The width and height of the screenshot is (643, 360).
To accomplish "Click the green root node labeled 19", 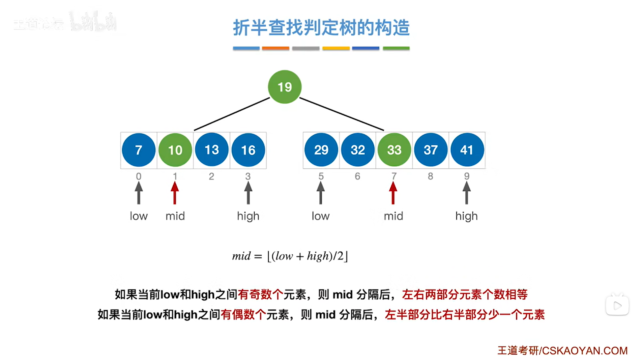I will click(x=285, y=87).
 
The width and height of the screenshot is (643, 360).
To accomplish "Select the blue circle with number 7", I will click(x=139, y=150).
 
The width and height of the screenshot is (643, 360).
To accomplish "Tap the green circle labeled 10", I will click(x=175, y=150).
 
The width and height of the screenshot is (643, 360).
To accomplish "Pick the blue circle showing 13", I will click(x=211, y=150).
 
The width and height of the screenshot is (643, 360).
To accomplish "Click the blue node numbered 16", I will click(x=248, y=150).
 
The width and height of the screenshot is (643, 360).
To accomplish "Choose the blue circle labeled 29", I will click(x=321, y=150).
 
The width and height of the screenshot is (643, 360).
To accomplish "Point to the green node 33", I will click(x=394, y=150).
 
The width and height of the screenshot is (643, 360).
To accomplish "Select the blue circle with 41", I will click(x=467, y=150).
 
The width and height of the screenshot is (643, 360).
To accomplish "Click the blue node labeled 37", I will click(x=431, y=150).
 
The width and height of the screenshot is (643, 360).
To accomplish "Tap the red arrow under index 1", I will click(x=175, y=193).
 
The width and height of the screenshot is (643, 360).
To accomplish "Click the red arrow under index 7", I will click(x=393, y=193).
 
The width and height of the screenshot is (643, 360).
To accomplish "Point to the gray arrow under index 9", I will click(x=467, y=193).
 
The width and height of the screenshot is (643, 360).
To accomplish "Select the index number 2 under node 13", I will click(x=211, y=176).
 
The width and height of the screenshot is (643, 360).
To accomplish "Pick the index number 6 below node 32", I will click(x=357, y=176).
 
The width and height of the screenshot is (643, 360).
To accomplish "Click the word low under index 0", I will click(x=139, y=216).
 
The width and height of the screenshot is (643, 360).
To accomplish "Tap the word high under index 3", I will click(x=248, y=216).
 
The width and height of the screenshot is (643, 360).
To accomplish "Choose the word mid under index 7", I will click(x=393, y=216).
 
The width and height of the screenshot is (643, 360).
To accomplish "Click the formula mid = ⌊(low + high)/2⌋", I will click(x=290, y=256).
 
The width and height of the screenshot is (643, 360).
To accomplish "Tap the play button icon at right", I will click(x=617, y=306).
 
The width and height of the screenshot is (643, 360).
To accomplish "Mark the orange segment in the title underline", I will click(x=275, y=49).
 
